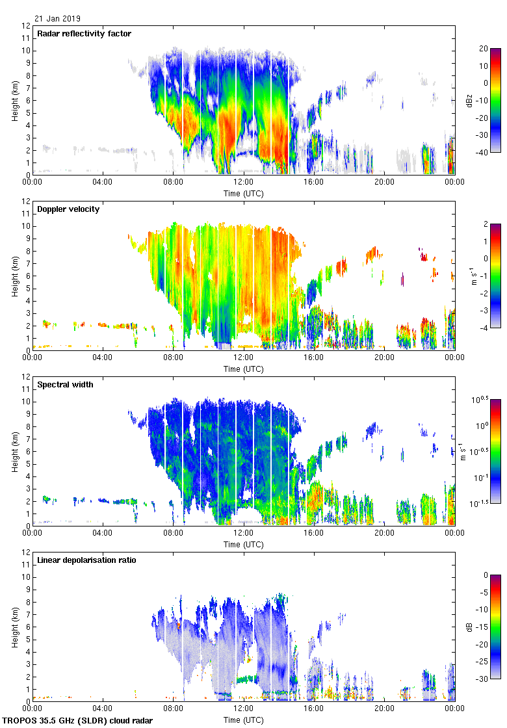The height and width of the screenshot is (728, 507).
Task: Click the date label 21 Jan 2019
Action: pos(58,19)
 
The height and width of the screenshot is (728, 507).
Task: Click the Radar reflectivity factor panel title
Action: pos(84,34)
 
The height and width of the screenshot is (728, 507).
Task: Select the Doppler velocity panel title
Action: pos(68,209)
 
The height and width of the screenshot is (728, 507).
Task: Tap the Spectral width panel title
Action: pos(66,385)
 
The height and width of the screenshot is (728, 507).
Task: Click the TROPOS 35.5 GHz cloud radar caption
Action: pos(78,721)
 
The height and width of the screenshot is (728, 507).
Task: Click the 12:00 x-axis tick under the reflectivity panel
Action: pos(243,182)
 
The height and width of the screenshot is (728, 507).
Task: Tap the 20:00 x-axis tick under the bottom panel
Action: pos(384,708)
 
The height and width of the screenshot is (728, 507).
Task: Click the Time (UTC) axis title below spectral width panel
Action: pos(243,545)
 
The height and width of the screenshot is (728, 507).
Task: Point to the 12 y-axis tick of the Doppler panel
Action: pos(26,201)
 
